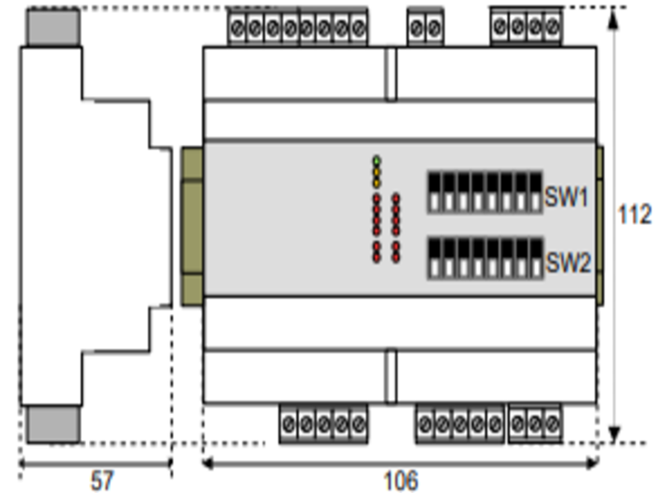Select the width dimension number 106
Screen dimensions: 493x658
tap(401, 480)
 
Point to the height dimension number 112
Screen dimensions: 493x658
tap(634, 214)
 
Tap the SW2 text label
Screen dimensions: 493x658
tap(568, 264)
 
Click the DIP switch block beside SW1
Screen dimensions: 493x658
tap(484, 192)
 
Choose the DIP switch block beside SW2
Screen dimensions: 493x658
tap(484, 258)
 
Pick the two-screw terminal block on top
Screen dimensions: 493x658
tap(424, 30)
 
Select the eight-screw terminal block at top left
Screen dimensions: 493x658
tap(298, 30)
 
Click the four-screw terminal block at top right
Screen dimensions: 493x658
tap(526, 28)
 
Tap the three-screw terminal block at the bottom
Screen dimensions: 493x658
tap(535, 424)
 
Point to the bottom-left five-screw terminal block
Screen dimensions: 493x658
tap(323, 424)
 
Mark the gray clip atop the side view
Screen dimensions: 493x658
tap(53, 28)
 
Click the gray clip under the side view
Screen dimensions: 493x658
tap(53, 424)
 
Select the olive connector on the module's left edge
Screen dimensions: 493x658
tap(192, 226)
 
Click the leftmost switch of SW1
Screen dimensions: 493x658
tap(434, 192)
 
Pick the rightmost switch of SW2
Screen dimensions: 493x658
tap(535, 258)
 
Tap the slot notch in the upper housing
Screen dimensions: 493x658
tap(391, 74)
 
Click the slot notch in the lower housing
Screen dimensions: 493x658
tap(391, 376)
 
